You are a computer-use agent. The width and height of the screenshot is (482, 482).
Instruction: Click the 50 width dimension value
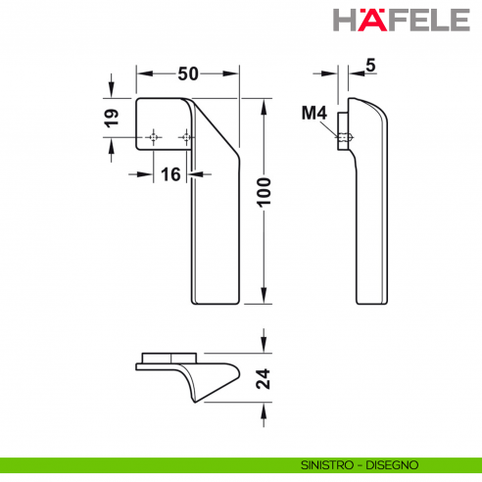188,74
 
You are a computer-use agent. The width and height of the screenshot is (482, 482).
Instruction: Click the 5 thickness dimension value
369,66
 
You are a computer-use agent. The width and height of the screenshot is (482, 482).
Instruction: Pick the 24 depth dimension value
263,378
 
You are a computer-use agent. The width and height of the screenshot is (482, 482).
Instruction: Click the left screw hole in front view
152,137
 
